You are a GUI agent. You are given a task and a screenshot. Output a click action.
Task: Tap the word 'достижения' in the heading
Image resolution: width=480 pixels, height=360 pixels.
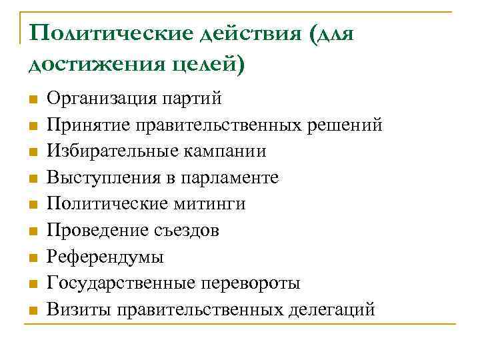tap(87, 64)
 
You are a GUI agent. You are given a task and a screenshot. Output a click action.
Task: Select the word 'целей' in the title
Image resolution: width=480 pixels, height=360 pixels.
tap(200, 64)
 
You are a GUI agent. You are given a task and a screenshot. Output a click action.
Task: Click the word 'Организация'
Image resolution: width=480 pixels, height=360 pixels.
tap(101, 99)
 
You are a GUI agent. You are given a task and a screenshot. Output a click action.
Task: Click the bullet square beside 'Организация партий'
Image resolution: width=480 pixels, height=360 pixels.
tap(32, 100)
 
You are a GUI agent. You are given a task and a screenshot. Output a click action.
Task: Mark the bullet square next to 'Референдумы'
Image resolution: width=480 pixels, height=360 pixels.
tap(32, 258)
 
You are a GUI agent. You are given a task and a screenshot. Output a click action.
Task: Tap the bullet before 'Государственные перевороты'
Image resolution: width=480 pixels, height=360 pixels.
tap(32, 284)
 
